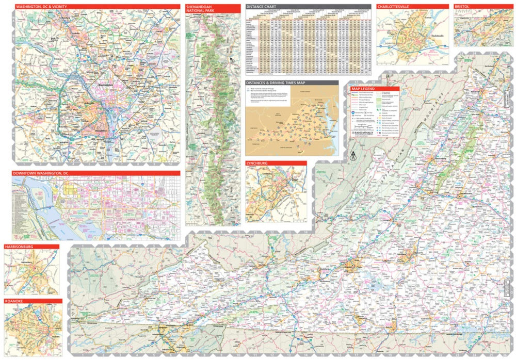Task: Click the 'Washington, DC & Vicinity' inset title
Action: click(39, 7)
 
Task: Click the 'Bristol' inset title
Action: click(461, 7)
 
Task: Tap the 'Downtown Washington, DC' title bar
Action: click(41, 173)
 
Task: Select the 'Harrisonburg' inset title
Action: click(19, 247)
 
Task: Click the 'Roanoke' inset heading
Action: click(14, 301)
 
